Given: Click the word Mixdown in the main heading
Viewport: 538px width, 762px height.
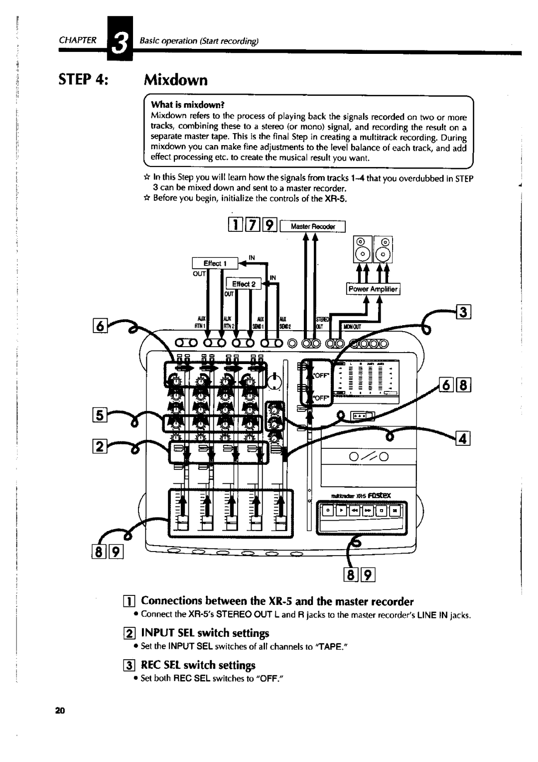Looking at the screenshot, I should tap(176, 80).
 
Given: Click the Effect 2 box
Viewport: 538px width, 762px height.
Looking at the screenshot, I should tap(243, 284).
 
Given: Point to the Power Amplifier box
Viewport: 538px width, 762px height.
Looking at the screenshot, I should tap(373, 289).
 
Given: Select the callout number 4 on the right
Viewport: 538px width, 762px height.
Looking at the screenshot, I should tap(463, 439).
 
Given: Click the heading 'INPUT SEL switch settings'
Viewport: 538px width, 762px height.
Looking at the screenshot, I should tap(205, 633).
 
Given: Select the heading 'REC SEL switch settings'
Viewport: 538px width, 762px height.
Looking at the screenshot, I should tap(198, 665).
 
